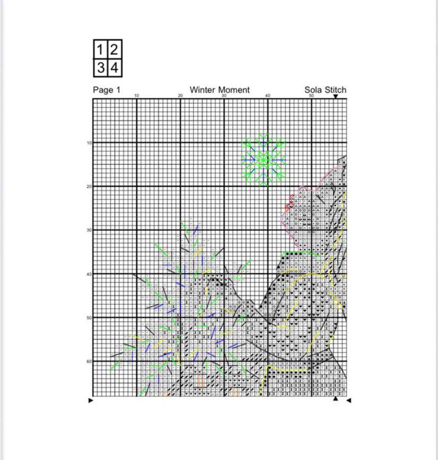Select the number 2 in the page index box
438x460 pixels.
[114, 50]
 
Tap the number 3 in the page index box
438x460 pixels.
[101, 68]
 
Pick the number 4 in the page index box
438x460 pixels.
[114, 68]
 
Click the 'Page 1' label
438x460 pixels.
[106, 90]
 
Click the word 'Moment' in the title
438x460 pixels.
[234, 90]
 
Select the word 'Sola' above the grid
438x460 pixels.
[313, 90]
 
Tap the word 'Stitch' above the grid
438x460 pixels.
[335, 90]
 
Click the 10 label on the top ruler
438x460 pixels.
[137, 96]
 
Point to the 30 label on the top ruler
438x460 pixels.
[224, 96]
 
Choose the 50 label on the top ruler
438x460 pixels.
[312, 96]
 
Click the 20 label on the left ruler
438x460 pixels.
[89, 187]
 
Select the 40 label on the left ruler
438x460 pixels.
[89, 274]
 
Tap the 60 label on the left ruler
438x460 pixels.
[89, 361]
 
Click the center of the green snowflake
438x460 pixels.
[264, 160]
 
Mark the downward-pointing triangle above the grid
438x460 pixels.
[335, 96]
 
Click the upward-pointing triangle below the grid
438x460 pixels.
[335, 399]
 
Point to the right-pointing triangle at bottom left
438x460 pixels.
[91, 400]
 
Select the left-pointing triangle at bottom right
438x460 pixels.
[349, 400]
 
